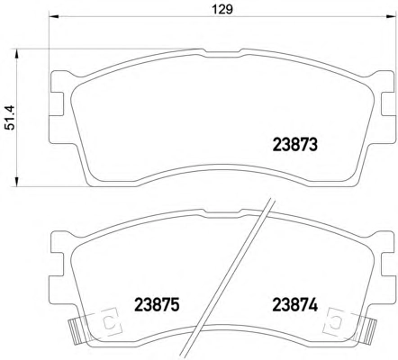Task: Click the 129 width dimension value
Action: (x=222, y=10)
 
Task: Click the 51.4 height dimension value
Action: (x=11, y=117)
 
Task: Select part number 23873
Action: (x=294, y=145)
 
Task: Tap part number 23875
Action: (x=157, y=305)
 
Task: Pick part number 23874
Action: (x=294, y=305)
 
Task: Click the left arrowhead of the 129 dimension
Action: (x=52, y=16)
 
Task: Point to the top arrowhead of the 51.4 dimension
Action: (x=16, y=54)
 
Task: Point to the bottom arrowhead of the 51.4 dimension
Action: (x=16, y=182)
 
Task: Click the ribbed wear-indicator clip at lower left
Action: (x=75, y=330)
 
